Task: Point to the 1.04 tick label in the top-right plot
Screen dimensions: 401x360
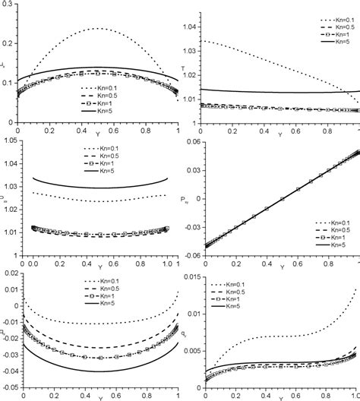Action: (x=190, y=27)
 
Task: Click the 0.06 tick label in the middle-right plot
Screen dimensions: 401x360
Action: (x=190, y=141)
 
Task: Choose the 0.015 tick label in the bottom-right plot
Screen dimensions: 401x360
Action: (x=188, y=276)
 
